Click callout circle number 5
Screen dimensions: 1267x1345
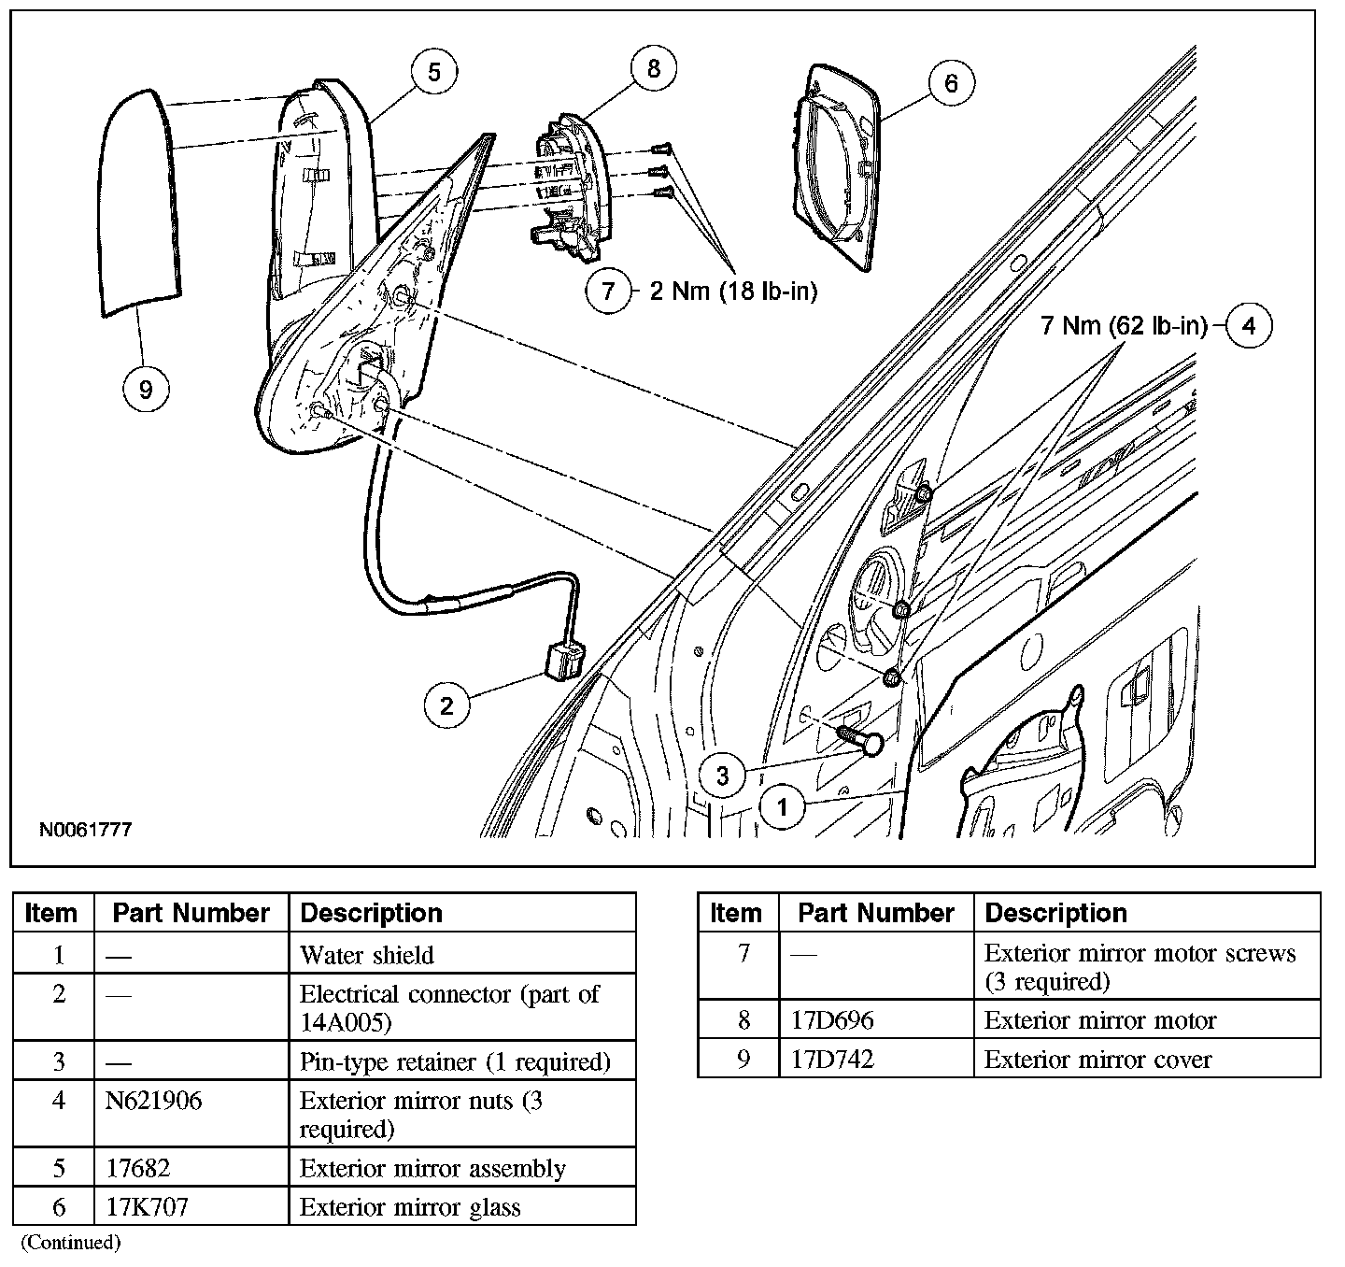[434, 72]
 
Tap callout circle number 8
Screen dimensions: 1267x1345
[653, 67]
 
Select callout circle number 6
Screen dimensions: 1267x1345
[951, 83]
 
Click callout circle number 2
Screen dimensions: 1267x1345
[446, 705]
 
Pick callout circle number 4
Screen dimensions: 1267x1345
[1249, 325]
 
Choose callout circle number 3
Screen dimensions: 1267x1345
[723, 775]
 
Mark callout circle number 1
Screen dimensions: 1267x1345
[783, 806]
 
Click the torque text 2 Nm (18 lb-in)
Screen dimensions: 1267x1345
[733, 292]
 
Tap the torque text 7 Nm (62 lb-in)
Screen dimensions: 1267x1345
[1124, 326]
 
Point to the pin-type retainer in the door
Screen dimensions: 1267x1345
[860, 739]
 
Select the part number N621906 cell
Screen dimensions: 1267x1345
[153, 1101]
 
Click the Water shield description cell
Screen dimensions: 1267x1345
[367, 955]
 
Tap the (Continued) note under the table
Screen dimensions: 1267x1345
[72, 1242]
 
